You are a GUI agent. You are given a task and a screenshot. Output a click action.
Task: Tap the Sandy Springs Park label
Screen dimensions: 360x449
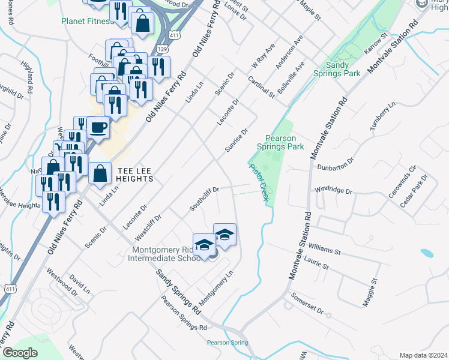click(336, 69)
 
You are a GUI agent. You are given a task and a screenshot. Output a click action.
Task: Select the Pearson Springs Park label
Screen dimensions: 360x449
click(280, 142)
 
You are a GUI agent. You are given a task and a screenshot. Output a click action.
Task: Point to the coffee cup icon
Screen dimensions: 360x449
click(98, 127)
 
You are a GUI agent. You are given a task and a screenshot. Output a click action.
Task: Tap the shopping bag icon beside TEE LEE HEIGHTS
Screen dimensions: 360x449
click(100, 173)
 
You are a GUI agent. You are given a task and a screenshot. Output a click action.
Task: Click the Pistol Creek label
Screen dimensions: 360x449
click(258, 182)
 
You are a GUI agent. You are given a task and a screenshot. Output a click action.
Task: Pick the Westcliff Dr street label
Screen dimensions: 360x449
click(150, 226)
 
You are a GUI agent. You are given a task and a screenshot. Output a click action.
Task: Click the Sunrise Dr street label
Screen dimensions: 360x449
click(236, 141)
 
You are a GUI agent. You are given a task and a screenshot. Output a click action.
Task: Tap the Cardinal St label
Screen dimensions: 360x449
click(261, 86)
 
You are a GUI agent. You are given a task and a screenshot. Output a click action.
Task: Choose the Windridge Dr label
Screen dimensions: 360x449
click(333, 190)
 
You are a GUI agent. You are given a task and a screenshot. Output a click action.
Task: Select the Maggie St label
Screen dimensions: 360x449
click(368, 293)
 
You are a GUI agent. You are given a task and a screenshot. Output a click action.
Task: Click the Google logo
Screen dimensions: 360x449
click(20, 353)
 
